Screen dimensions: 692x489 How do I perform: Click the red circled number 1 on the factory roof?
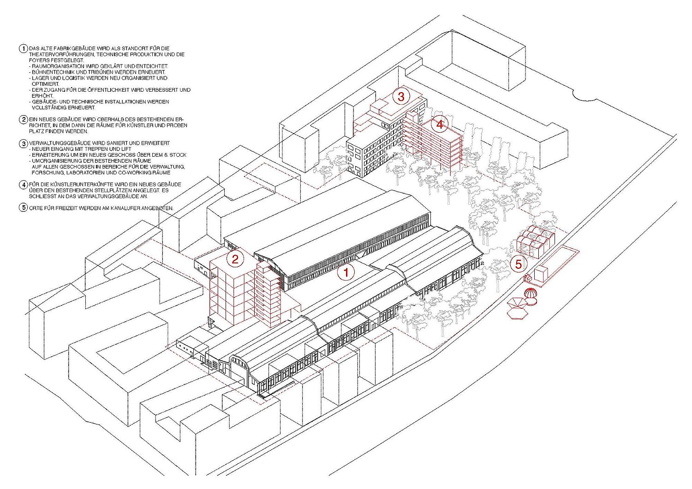click(346, 272)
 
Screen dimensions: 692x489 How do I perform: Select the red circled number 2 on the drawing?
click(235, 259)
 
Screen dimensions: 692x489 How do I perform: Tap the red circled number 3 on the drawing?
click(401, 97)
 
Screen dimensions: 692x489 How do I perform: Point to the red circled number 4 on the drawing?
click(440, 124)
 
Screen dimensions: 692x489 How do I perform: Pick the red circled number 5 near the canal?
click(518, 264)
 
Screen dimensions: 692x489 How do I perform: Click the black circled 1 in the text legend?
click(24, 49)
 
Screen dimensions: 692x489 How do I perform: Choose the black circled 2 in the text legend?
click(24, 119)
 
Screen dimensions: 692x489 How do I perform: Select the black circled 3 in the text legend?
click(24, 143)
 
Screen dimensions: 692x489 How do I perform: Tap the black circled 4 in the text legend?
click(24, 185)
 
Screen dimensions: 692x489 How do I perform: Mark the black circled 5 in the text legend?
click(24, 208)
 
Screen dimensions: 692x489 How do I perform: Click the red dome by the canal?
click(531, 293)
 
